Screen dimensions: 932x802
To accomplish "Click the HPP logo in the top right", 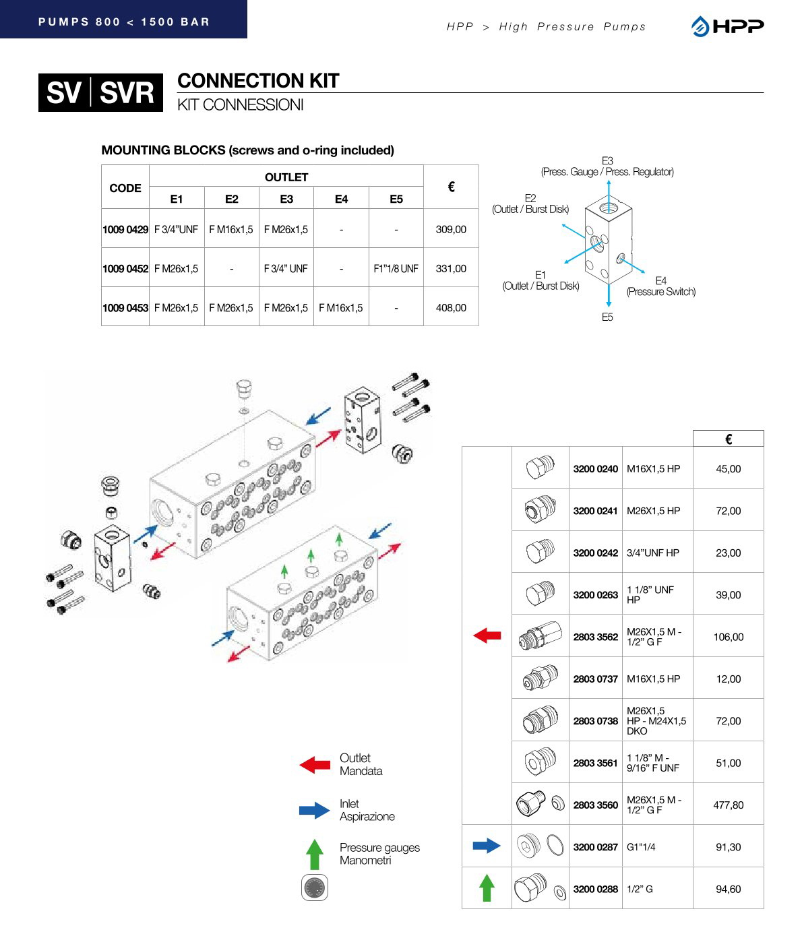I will click(x=727, y=26).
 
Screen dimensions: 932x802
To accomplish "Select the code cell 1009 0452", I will click(x=125, y=268).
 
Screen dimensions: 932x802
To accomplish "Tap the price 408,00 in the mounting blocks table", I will click(x=451, y=307).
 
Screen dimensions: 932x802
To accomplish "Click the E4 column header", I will click(x=341, y=199).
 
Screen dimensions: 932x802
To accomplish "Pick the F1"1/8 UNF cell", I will click(x=396, y=268).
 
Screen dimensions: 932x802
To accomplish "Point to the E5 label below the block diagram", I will click(x=607, y=317).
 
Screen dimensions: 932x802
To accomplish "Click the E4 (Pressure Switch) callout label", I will click(x=660, y=286).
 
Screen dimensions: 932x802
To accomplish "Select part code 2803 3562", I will click(x=595, y=637).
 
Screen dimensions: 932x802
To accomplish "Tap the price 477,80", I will click(x=728, y=805).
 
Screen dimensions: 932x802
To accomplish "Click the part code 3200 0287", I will click(x=595, y=847).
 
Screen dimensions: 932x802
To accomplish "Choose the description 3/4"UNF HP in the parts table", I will click(x=653, y=553).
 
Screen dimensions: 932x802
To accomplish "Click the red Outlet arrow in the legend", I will click(x=315, y=764).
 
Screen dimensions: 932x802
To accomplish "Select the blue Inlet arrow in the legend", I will click(x=315, y=809).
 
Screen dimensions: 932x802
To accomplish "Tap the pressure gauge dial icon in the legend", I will click(x=315, y=888).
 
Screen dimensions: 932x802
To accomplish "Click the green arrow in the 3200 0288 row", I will click(x=487, y=888).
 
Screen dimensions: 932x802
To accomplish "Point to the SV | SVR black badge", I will click(x=100, y=92).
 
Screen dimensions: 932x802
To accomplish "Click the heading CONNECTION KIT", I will click(x=258, y=81).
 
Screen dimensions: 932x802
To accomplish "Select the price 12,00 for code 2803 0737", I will click(x=728, y=679).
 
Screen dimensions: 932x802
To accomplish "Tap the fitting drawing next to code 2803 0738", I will click(x=541, y=720).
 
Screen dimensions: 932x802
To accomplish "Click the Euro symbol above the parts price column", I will click(x=728, y=439).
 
